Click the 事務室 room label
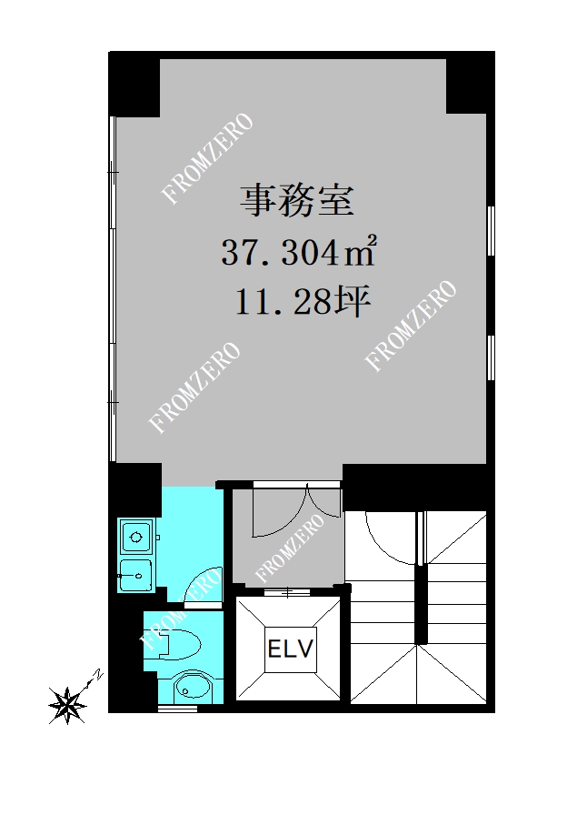point(296,201)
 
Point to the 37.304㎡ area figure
point(299,252)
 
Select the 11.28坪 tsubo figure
point(303,302)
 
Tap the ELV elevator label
point(291,649)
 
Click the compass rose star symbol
point(67,705)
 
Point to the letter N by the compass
point(97,675)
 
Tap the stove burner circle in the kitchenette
point(136,537)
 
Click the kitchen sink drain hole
point(139,576)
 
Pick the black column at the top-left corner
point(134,85)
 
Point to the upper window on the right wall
point(492,231)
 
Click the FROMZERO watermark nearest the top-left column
point(207,158)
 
